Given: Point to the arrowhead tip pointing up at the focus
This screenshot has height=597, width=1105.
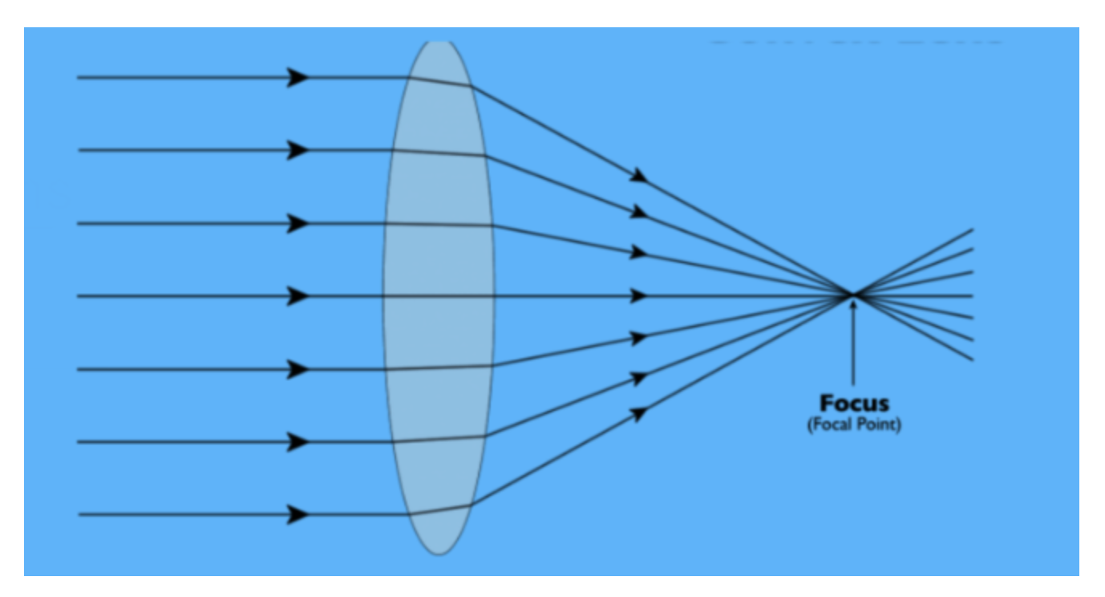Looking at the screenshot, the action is click(852, 303).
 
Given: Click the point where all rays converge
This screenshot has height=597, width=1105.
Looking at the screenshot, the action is click(852, 295).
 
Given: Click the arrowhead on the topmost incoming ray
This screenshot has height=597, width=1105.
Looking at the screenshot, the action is click(299, 78).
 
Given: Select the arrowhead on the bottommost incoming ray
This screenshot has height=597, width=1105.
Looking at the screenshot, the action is click(299, 514).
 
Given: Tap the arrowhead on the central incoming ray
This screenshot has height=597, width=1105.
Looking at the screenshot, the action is click(299, 296).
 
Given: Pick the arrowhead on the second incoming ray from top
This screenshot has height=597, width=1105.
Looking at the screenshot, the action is click(299, 150).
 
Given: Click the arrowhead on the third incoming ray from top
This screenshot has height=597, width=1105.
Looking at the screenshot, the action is click(299, 223).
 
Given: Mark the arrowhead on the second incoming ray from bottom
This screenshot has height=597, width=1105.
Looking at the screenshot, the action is click(299, 442).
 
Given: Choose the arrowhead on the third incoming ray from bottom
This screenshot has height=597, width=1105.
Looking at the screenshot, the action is click(299, 369).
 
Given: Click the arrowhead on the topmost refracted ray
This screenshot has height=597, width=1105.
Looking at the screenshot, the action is click(639, 176).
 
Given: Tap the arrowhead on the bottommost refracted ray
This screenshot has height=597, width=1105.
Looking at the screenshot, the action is click(639, 414).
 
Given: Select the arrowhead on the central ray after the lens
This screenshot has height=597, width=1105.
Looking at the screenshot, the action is click(639, 296).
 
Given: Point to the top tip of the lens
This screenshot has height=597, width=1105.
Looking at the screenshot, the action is click(439, 42).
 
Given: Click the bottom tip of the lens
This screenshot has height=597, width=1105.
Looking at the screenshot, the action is click(439, 554).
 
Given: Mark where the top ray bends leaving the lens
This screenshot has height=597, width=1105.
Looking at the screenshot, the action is click(471, 85).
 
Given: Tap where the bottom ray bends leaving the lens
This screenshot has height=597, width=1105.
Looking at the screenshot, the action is click(471, 505).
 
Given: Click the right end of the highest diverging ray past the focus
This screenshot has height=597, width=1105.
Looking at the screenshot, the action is click(973, 230).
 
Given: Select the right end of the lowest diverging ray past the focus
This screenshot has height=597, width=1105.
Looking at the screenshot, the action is click(973, 359).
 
